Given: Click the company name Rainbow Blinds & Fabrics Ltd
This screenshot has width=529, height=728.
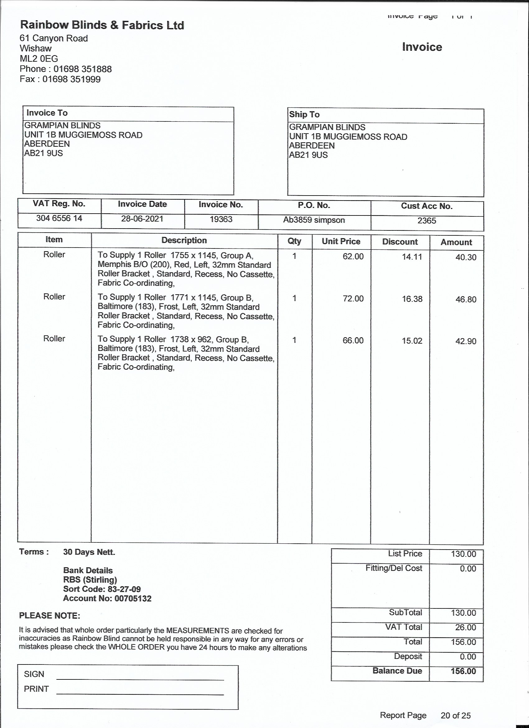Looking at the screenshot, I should pyautogui.click(x=102, y=25).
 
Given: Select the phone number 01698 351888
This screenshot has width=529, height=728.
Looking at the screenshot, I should pyautogui.click(x=82, y=69).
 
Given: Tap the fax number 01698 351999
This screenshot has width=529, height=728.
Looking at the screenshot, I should pyautogui.click(x=72, y=79).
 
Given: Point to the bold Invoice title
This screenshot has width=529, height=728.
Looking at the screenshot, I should pyautogui.click(x=422, y=47).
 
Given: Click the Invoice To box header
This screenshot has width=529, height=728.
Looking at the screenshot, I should pyautogui.click(x=47, y=113).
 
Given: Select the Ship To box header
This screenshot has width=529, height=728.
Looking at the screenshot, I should pyautogui.click(x=304, y=115).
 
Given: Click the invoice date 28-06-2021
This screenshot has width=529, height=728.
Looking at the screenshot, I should pyautogui.click(x=142, y=219).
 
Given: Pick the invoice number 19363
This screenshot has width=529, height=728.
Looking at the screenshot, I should pyautogui.click(x=221, y=219).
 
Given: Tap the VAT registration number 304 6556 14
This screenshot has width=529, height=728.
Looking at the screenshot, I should pyautogui.click(x=59, y=218).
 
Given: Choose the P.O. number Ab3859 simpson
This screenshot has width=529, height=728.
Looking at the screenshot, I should pyautogui.click(x=314, y=220).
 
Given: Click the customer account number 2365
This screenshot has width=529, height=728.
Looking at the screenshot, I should pyautogui.click(x=427, y=221).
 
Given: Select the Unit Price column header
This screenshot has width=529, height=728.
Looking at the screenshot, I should pyautogui.click(x=341, y=241).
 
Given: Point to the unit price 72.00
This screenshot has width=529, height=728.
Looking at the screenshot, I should pyautogui.click(x=353, y=299).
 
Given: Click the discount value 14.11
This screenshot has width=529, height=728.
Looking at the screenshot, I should pyautogui.click(x=412, y=257).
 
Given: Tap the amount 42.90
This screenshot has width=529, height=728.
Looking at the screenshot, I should pyautogui.click(x=466, y=341).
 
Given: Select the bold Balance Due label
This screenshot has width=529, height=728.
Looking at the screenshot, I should pyautogui.click(x=397, y=671).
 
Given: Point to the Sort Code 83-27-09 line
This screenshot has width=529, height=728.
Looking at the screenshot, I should pyautogui.click(x=102, y=589).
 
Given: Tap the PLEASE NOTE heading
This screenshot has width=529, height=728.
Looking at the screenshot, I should pyautogui.click(x=50, y=616).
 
